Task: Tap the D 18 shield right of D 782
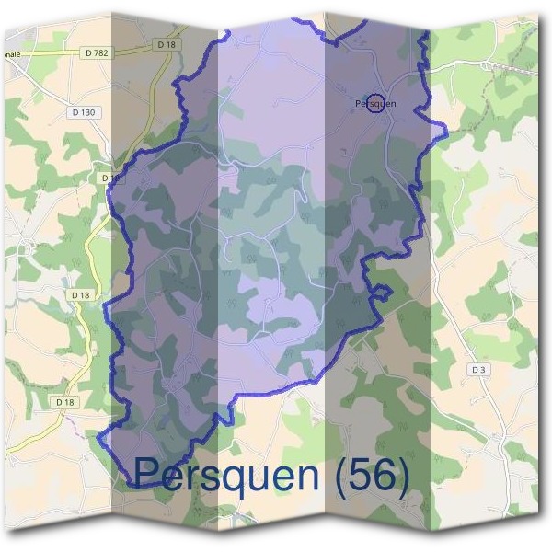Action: [166, 44]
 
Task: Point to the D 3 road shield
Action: [477, 369]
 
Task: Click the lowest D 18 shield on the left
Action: [63, 402]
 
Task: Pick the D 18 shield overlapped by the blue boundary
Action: [109, 177]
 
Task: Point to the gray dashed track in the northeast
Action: [516, 70]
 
